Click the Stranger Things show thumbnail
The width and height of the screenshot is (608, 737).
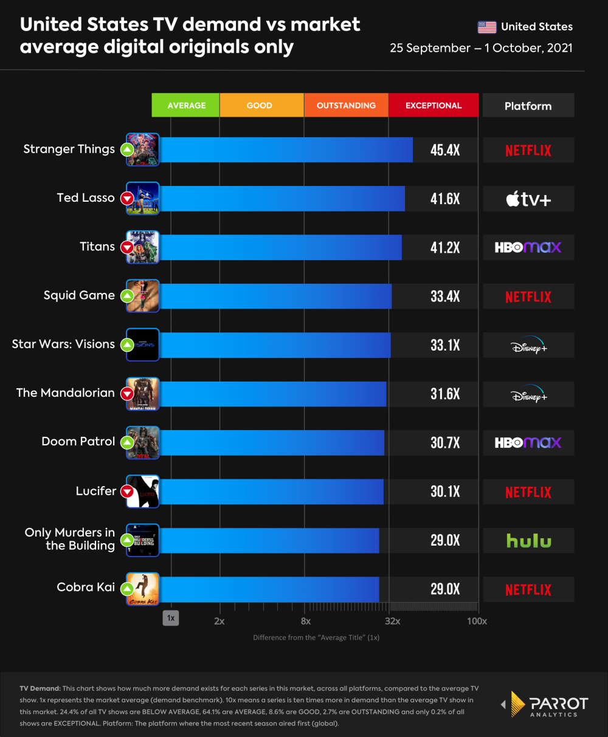pyautogui.click(x=143, y=149)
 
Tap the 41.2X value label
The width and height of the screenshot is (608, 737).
pyautogui.click(x=445, y=248)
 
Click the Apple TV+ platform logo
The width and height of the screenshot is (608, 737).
pyautogui.click(x=528, y=199)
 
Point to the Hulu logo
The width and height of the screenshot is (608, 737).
pyautogui.click(x=528, y=541)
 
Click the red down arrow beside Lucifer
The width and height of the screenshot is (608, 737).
pyautogui.click(x=127, y=492)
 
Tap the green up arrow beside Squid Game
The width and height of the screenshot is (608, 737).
pyautogui.click(x=127, y=296)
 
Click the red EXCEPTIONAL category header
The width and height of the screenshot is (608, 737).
pyautogui.click(x=434, y=105)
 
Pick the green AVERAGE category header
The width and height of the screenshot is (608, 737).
pyautogui.click(x=186, y=105)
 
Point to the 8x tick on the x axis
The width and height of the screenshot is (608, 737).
pyautogui.click(x=306, y=621)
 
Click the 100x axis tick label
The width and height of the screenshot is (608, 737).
pyautogui.click(x=477, y=621)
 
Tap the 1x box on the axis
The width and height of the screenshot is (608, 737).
pyautogui.click(x=171, y=618)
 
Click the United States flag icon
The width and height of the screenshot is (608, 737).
pyautogui.click(x=487, y=27)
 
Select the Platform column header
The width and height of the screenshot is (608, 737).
pyautogui.click(x=528, y=106)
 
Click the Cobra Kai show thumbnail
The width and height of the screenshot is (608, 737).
pyautogui.click(x=143, y=589)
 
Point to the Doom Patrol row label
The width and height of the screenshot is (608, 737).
pyautogui.click(x=78, y=442)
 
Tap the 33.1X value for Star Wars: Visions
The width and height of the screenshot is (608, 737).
pyautogui.click(x=445, y=345)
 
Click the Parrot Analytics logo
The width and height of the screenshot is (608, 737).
pyautogui.click(x=545, y=705)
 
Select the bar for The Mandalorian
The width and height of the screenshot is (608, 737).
pyautogui.click(x=273, y=394)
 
